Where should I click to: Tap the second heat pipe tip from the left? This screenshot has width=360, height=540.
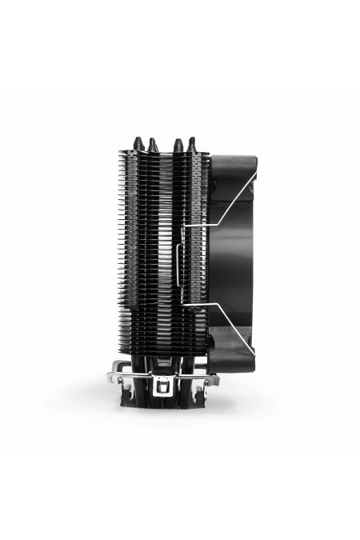click(x=151, y=143)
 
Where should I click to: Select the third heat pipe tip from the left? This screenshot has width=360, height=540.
click(x=176, y=143)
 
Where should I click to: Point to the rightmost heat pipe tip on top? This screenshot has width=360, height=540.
click(x=192, y=143)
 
